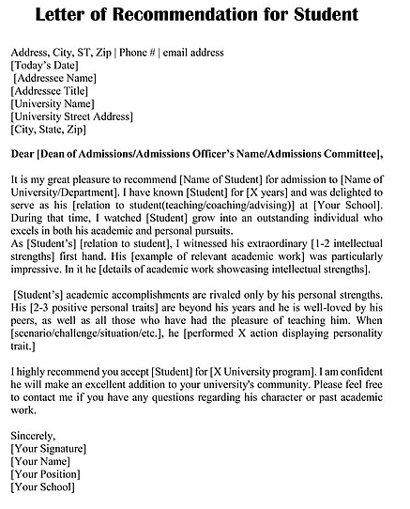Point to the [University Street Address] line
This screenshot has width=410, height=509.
71,117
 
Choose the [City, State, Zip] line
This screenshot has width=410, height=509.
48,131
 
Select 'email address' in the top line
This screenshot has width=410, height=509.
192,52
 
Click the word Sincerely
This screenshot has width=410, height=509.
34,436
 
